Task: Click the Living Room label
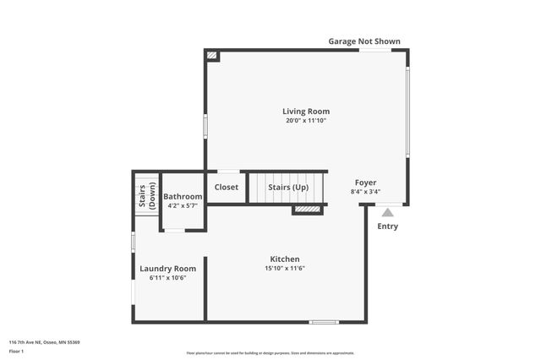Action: point(306,112)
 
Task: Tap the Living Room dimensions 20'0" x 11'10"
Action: point(306,121)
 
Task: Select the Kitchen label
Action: point(285,259)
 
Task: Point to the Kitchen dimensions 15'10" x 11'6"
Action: point(285,269)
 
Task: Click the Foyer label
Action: point(365,183)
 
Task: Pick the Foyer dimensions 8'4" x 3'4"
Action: point(365,192)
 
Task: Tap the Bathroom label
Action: point(183,197)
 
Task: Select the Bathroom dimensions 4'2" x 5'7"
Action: point(183,205)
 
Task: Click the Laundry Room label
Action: point(167,269)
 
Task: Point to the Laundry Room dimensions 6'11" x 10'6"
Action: point(167,277)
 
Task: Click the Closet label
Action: point(226,188)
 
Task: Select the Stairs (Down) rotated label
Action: point(147,196)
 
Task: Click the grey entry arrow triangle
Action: point(387,212)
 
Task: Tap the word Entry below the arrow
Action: point(387,226)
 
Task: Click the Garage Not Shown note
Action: point(364,41)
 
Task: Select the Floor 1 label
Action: point(16,351)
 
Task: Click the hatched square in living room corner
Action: point(212,56)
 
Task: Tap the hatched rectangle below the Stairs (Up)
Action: point(308,210)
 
